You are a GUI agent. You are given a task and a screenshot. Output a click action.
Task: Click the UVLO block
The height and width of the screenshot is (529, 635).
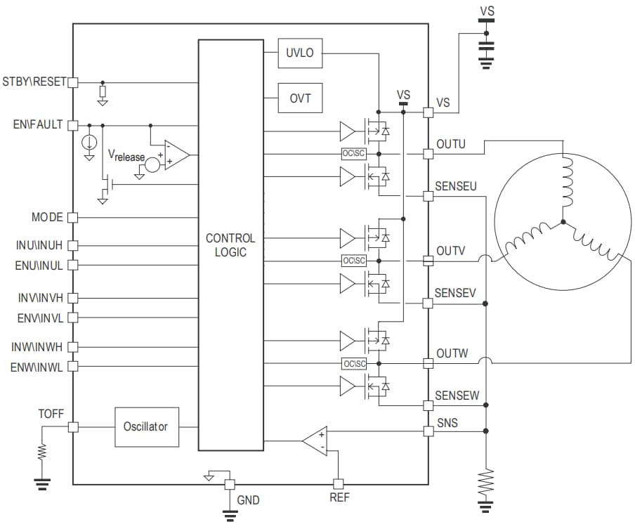(300, 53)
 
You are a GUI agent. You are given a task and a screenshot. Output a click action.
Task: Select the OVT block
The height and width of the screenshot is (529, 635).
(300, 98)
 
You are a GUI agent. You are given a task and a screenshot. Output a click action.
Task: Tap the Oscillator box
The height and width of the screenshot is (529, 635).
(146, 426)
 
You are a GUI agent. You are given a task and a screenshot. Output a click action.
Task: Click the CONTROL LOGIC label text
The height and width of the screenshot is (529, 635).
(230, 245)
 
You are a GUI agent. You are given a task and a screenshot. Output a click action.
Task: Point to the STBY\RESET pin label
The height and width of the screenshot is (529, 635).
(34, 81)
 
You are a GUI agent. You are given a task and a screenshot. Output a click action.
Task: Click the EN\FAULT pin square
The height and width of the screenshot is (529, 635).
(72, 125)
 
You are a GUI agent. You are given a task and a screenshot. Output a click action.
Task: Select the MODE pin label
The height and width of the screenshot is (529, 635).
(47, 217)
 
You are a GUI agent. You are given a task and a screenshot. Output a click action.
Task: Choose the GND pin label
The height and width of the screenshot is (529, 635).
(248, 500)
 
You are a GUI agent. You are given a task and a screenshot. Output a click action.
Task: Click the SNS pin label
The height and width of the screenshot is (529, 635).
(447, 424)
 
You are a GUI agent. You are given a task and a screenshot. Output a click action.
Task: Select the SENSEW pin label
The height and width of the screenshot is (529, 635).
(457, 396)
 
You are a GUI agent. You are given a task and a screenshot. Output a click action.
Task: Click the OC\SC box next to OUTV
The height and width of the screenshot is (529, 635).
(354, 261)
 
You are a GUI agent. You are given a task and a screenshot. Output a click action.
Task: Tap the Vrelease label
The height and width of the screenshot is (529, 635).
(126, 155)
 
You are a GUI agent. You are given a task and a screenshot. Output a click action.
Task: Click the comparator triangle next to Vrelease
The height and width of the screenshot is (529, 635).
(175, 155)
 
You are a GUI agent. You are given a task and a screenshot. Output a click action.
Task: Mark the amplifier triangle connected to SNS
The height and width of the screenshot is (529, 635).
(315, 440)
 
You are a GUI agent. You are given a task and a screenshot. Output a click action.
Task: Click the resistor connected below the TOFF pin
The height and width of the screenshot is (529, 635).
(42, 452)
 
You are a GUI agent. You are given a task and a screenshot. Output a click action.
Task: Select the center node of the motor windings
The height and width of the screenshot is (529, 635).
(563, 224)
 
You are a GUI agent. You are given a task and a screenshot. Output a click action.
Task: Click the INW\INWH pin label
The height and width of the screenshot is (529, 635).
(37, 346)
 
